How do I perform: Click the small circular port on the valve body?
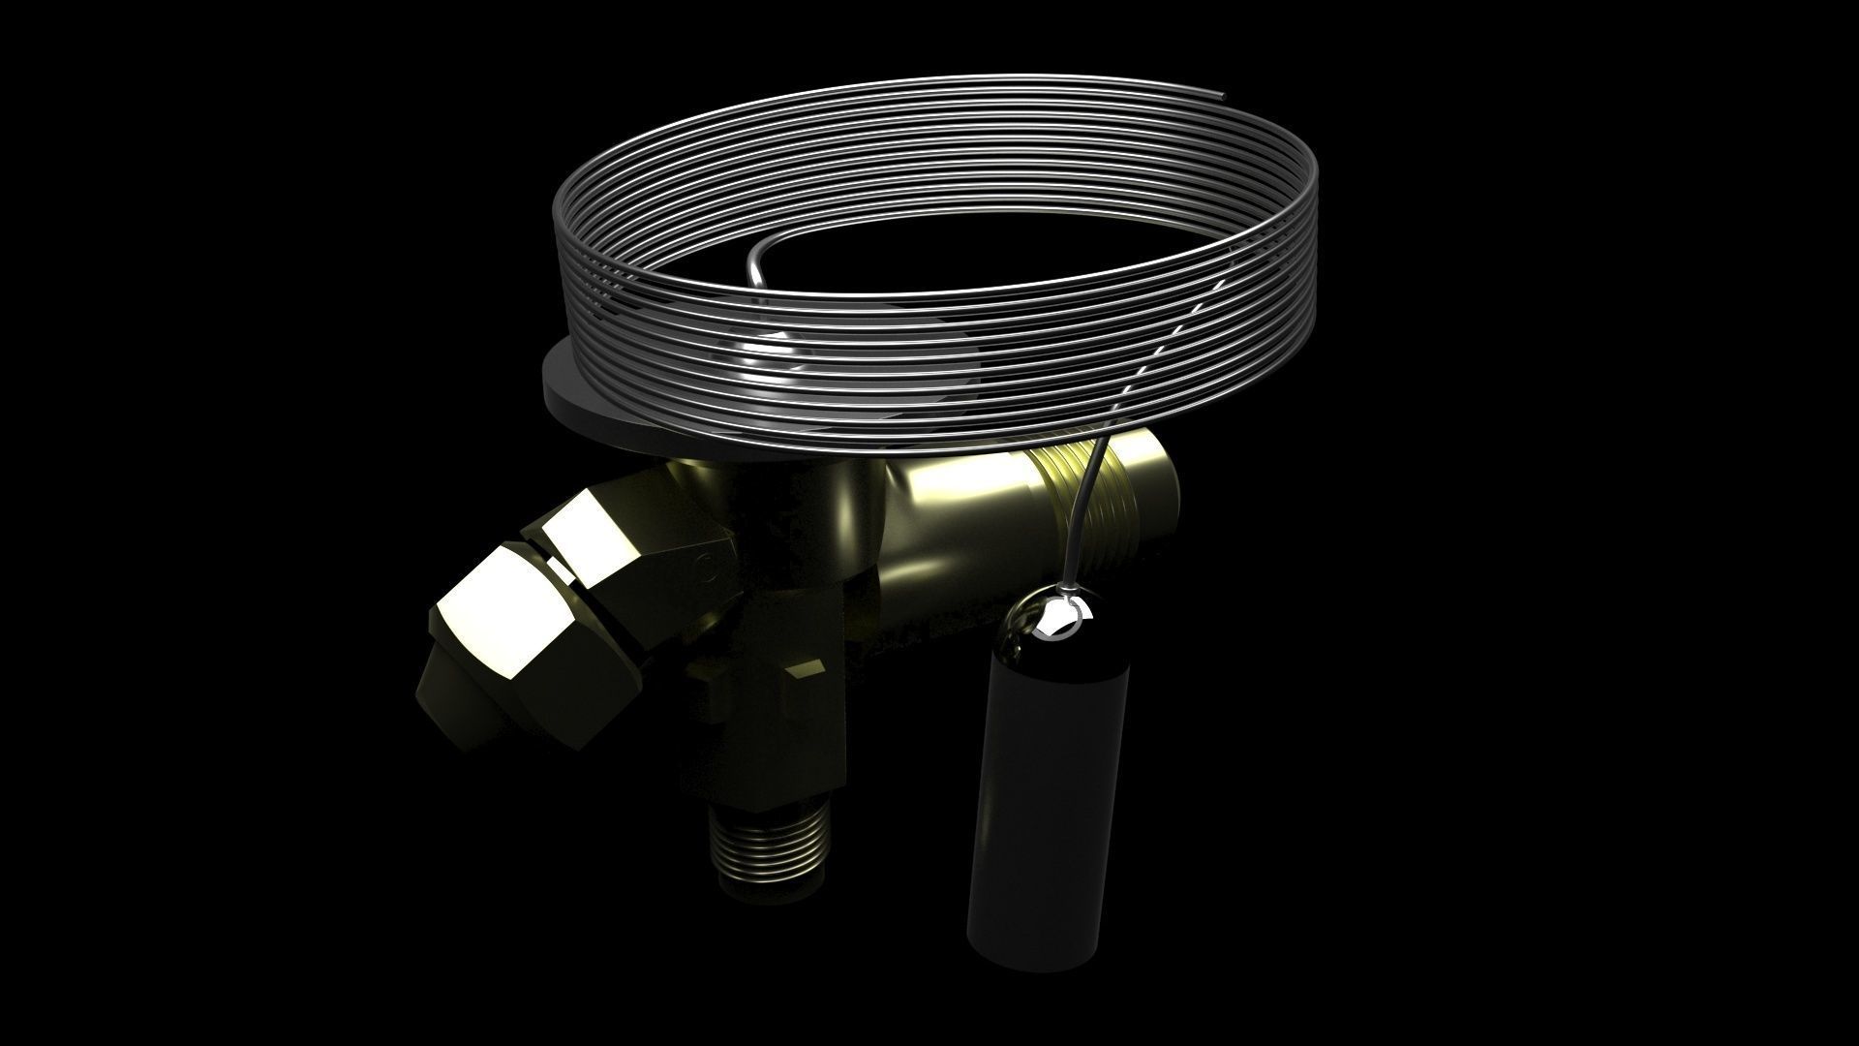point(706,567)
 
